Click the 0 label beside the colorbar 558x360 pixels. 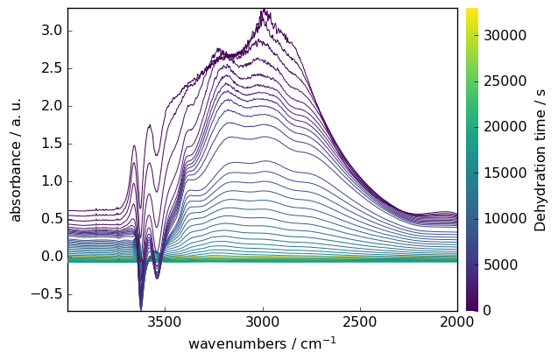[487, 310]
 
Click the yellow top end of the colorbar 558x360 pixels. [471, 11]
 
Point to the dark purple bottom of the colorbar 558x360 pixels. [471, 307]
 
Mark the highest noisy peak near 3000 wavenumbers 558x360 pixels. [264, 11]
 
